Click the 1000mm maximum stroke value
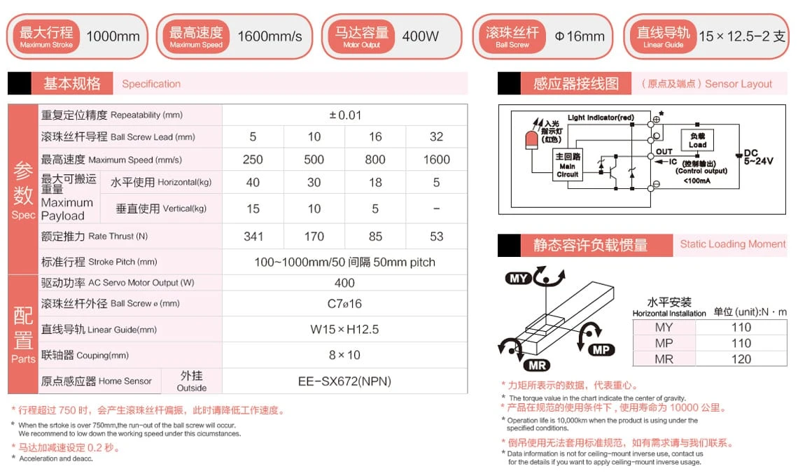point(113,36)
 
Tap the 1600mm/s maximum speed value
point(269,36)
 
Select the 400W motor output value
point(421,36)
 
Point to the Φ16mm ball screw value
point(579,36)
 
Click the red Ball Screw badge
point(512,36)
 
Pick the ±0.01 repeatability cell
point(344,115)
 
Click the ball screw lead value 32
point(436,137)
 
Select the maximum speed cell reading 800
point(375,160)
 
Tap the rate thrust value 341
point(253,237)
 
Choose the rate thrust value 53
point(436,237)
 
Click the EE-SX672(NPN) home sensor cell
point(344,381)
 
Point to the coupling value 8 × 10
point(344,355)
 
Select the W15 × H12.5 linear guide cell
point(344,329)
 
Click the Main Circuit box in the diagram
point(567,166)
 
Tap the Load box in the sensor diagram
point(697,140)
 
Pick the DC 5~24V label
point(757,157)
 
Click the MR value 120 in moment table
point(741,359)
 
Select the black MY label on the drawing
point(519,279)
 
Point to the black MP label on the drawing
point(601,349)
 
